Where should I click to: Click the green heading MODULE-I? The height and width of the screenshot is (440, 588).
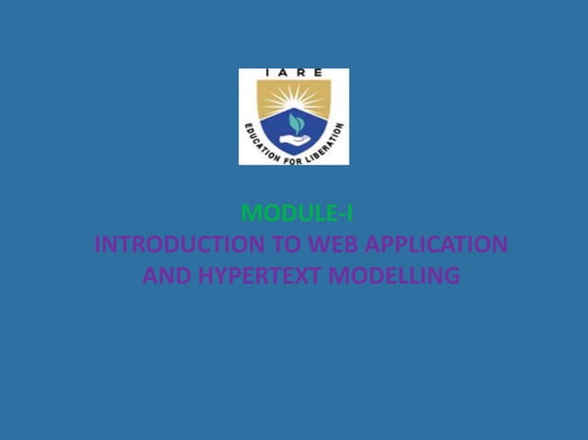click(295, 214)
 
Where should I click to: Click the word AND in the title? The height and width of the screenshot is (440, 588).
click(165, 276)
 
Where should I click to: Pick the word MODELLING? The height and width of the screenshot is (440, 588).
click(394, 276)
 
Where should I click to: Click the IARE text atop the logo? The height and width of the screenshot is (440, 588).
click(293, 73)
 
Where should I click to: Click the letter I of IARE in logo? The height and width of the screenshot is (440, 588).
click(268, 73)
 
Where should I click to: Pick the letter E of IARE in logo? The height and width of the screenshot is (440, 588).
click(318, 73)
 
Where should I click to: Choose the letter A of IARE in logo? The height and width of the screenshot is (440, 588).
click(285, 73)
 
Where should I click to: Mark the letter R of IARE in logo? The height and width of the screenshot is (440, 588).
click(301, 73)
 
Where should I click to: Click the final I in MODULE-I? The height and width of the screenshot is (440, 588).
click(348, 214)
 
